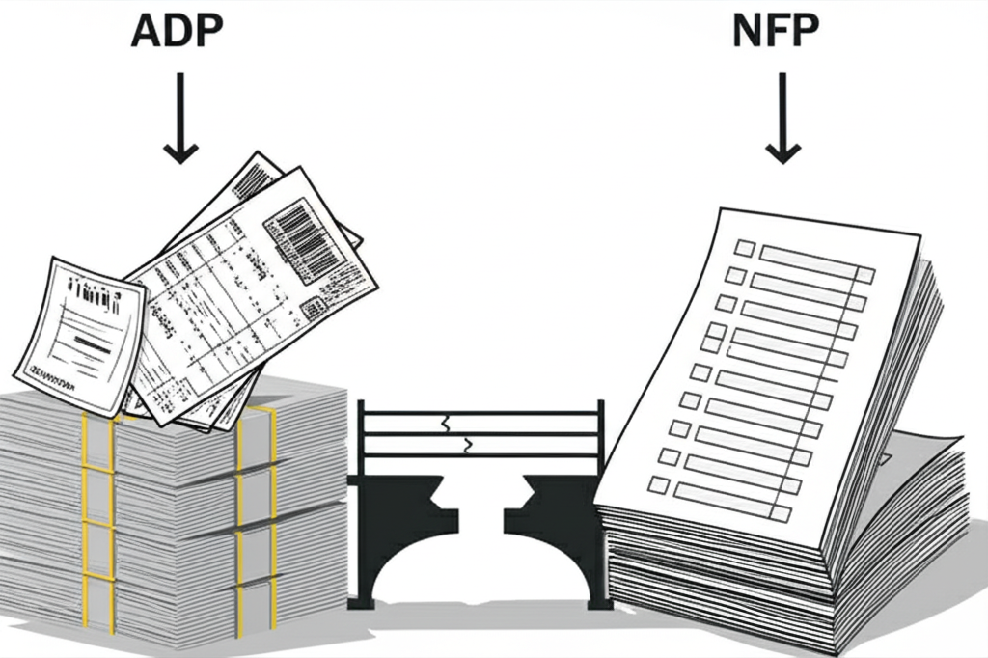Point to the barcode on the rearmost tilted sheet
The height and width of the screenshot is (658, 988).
[253, 178]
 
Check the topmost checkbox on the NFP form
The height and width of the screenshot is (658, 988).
[744, 248]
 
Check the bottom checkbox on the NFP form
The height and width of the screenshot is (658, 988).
[661, 482]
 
